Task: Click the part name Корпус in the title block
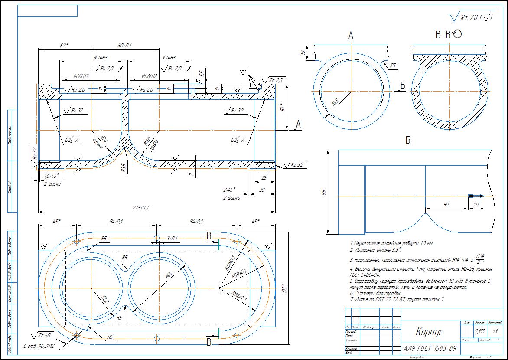[429, 332]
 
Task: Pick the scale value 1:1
[495, 331]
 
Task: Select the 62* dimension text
[64, 45]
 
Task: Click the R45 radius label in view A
[335, 104]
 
